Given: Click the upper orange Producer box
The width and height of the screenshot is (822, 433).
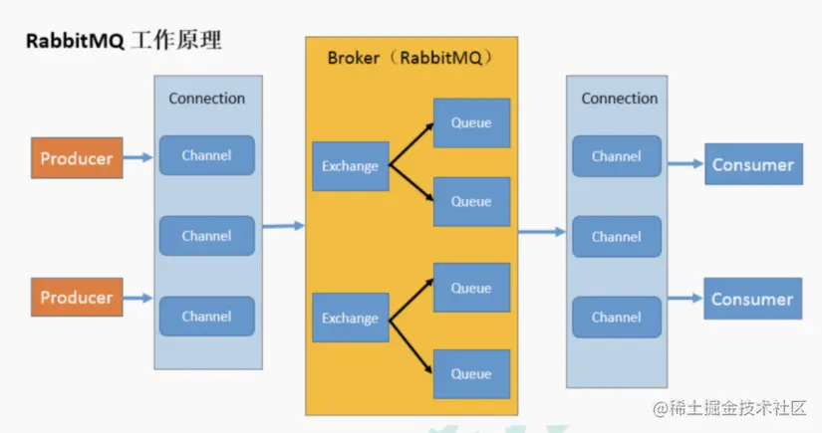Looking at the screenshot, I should click(x=77, y=158).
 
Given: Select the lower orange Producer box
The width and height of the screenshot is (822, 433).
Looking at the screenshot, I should click(x=77, y=298).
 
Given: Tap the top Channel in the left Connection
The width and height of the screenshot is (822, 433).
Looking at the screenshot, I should click(x=206, y=155).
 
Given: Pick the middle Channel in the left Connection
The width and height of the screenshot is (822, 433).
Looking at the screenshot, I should click(x=206, y=236).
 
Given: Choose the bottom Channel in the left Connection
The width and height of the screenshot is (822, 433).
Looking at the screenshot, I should click(x=206, y=317).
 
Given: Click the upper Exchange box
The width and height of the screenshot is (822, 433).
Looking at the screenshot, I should click(x=350, y=166).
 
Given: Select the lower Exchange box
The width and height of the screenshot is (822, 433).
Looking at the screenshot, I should click(x=350, y=319).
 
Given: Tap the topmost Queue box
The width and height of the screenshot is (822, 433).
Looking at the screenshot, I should click(x=471, y=123).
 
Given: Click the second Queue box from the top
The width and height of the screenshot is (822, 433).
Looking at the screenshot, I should click(x=471, y=202).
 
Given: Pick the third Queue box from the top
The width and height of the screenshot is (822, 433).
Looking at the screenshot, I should click(x=471, y=289).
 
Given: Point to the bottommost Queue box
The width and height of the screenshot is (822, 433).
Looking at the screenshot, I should click(x=471, y=374).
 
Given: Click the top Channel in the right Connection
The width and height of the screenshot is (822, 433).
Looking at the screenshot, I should click(x=616, y=156).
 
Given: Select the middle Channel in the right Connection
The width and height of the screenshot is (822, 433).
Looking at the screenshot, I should click(x=616, y=237).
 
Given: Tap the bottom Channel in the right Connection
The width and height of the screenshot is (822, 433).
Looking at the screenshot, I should click(x=616, y=318).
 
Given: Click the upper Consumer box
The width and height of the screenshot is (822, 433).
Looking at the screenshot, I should click(x=752, y=164).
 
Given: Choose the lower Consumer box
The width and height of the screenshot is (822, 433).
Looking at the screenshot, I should click(x=752, y=299).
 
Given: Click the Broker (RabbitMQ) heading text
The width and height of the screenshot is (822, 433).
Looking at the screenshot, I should click(x=411, y=57).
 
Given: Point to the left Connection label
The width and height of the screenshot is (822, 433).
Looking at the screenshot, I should click(x=206, y=99).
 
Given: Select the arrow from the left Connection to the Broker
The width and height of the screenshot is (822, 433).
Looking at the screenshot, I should click(x=283, y=226).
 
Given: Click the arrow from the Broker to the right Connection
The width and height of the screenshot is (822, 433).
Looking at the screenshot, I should click(x=541, y=232).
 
